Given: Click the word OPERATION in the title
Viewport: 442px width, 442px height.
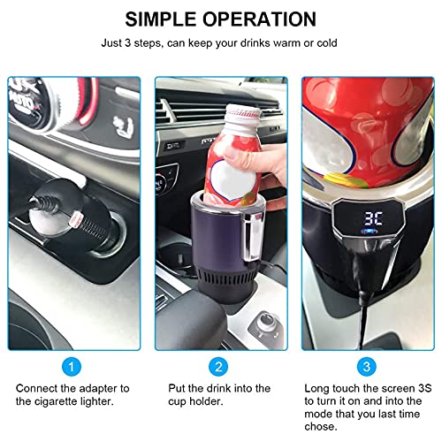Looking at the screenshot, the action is click(259, 19).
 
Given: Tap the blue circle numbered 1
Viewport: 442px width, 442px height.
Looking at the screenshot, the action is click(72, 367).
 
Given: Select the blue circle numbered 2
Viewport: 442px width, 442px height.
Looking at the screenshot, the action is click(218, 367).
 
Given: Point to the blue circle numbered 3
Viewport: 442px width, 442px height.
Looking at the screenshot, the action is click(367, 367).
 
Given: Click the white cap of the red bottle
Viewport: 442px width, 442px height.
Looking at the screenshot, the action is click(243, 113).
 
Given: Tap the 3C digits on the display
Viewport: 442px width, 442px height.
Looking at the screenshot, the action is click(373, 218).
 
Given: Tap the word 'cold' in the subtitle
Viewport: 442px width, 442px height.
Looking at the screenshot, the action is click(327, 43).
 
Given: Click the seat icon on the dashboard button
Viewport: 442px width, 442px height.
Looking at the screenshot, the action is click(123, 126).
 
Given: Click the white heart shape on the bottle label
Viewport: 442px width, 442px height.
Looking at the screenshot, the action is click(233, 181).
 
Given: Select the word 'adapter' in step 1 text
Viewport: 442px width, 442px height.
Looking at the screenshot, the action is click(98, 389).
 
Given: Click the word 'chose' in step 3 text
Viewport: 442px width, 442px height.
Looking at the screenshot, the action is click(321, 426).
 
